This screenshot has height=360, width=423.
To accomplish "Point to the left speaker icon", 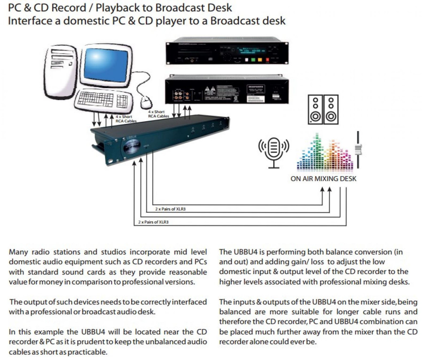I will (315, 109).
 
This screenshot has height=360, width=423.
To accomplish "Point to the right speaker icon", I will (331, 109).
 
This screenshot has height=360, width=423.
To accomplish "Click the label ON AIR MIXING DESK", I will (323, 179).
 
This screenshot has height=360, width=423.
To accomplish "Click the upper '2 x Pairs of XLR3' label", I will (171, 209).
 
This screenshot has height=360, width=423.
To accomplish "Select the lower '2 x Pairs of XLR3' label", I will (153, 222).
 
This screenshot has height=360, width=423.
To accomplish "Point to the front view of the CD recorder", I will (227, 53).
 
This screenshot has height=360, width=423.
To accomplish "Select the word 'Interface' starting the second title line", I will (30, 20).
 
